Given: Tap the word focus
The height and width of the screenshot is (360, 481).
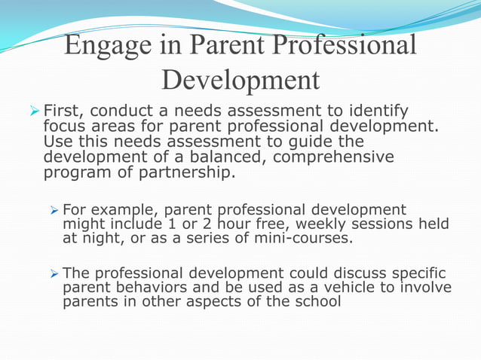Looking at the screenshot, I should (66, 127).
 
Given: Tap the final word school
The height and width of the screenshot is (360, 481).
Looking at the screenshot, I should (320, 302).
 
